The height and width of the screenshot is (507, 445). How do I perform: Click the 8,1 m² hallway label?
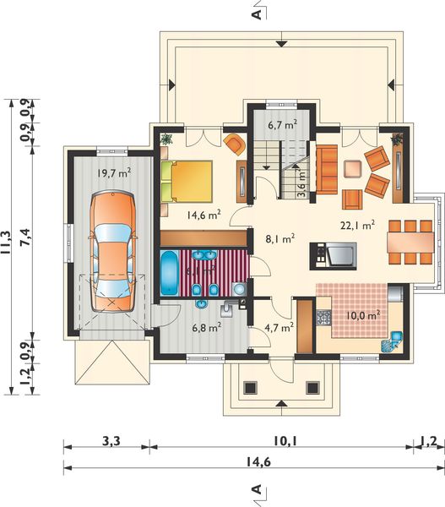click(279, 238)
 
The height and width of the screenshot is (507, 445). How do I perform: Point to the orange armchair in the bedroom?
click(234, 144)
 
